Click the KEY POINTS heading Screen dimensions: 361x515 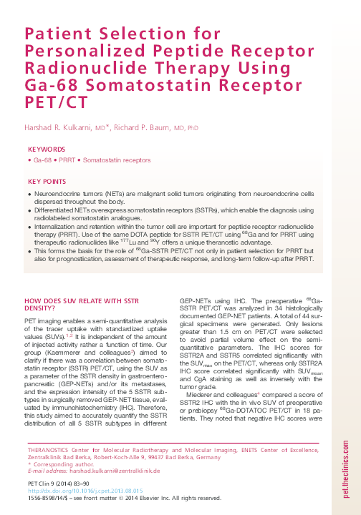click(47, 182)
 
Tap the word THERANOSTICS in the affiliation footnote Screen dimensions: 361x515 click(52, 448)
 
